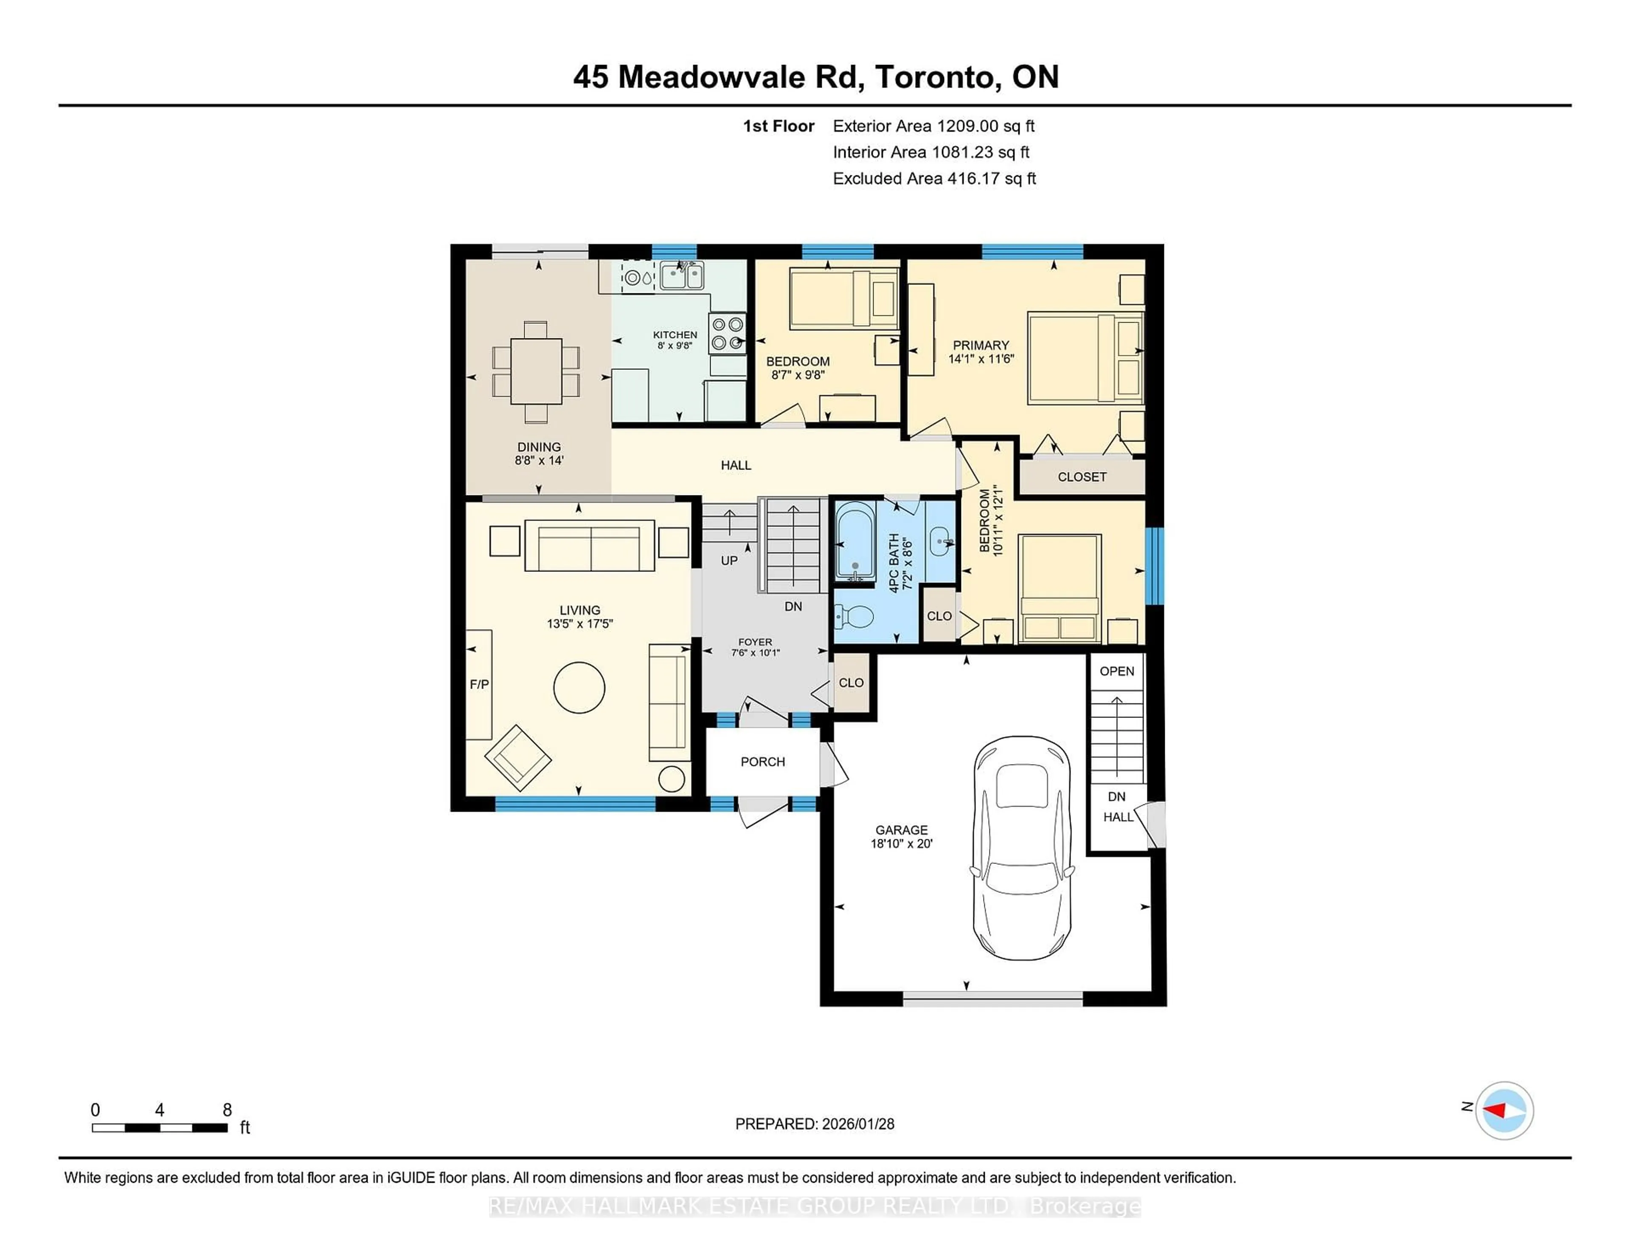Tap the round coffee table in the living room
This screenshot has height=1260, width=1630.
pyautogui.click(x=579, y=687)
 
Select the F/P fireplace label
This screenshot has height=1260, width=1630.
pyautogui.click(x=479, y=684)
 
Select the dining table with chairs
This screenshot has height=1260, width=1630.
pyautogui.click(x=536, y=371)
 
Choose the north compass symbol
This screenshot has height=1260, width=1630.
pyautogui.click(x=1504, y=1110)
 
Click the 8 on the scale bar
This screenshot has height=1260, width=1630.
pyautogui.click(x=227, y=1109)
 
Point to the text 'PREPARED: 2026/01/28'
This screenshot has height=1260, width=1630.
pyautogui.click(x=814, y=1123)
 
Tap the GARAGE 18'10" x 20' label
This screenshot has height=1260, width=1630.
pyautogui.click(x=902, y=836)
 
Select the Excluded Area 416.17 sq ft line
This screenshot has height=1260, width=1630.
pyautogui.click(x=934, y=178)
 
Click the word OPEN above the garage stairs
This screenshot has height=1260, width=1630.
pyautogui.click(x=1116, y=671)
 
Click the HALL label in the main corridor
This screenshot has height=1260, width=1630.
pyautogui.click(x=736, y=465)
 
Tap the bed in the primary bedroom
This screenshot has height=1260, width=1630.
pyautogui.click(x=1085, y=358)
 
